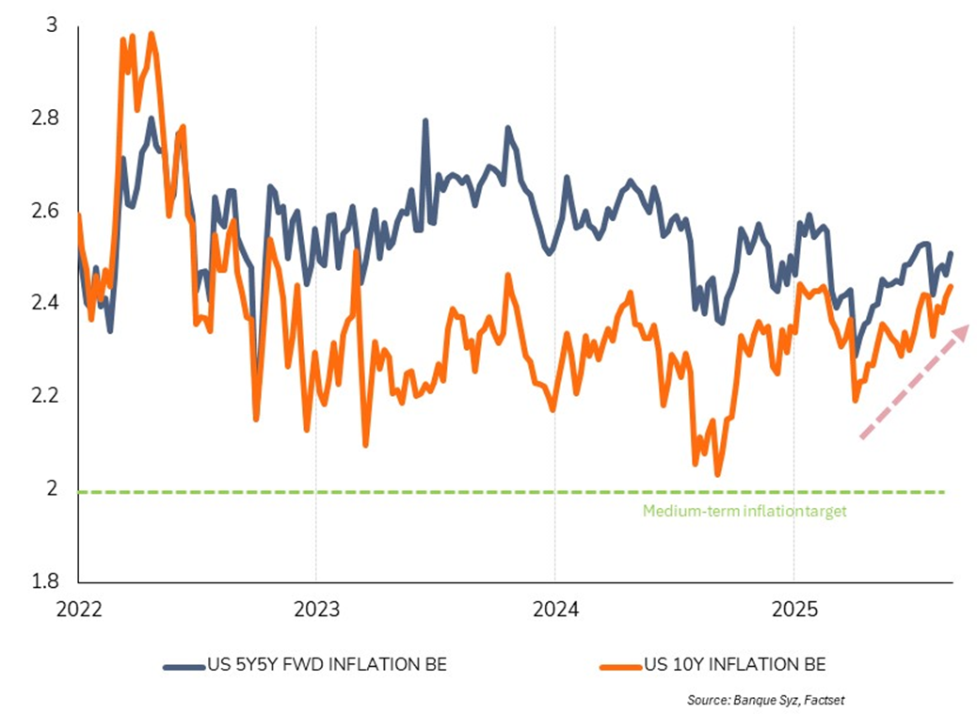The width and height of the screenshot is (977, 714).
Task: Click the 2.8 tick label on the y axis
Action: click(x=45, y=119)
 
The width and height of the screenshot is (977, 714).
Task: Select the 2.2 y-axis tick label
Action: click(x=45, y=396)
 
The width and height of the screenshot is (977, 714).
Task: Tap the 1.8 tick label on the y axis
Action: click(x=45, y=580)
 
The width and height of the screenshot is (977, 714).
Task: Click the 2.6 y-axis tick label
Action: click(x=45, y=211)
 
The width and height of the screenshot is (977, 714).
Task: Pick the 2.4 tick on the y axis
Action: click(x=45, y=303)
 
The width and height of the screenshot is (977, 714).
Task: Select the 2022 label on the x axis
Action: click(x=78, y=607)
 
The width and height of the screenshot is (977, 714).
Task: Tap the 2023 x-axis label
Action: click(x=316, y=607)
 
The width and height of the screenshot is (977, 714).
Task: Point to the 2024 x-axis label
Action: click(x=555, y=607)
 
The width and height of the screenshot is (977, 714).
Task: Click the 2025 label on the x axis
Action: click(x=793, y=607)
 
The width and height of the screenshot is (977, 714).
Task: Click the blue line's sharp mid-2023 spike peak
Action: click(x=425, y=121)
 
